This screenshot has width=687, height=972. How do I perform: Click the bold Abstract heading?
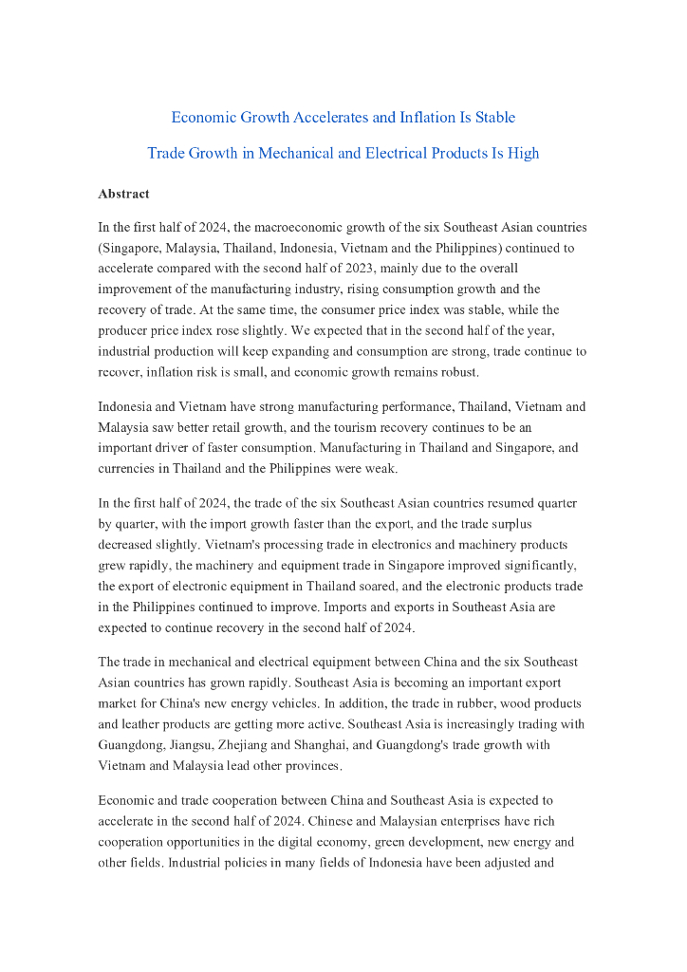123,194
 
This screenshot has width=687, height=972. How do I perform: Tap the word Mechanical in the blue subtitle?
331,153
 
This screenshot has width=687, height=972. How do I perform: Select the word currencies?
129,468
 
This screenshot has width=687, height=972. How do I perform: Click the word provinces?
313,765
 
